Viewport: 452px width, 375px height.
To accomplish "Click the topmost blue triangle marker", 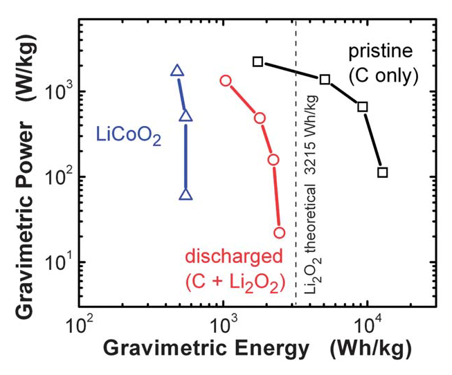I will pyautogui.click(x=177, y=71).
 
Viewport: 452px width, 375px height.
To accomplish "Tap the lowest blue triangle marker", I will pyautogui.click(x=186, y=195).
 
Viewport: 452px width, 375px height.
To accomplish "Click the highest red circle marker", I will pyautogui.click(x=226, y=81).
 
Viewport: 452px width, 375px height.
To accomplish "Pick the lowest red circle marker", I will pyautogui.click(x=280, y=232).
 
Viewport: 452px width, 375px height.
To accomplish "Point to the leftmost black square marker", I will pyautogui.click(x=258, y=62).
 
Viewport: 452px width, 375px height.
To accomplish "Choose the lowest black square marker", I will pyautogui.click(x=383, y=172).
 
